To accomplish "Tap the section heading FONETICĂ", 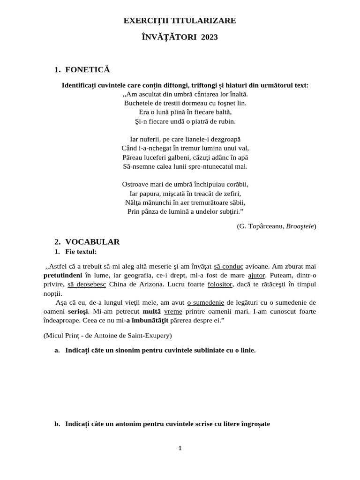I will click(87, 70).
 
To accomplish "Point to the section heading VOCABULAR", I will click(92, 242).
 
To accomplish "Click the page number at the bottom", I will click(180, 448).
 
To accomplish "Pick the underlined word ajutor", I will click(256, 275).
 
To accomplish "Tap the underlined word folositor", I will click(220, 284).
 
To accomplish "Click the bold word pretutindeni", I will click(63, 275).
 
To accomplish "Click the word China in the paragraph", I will click(119, 284).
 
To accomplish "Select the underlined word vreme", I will click(173, 311).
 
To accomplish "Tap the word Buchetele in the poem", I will click(139, 103).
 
